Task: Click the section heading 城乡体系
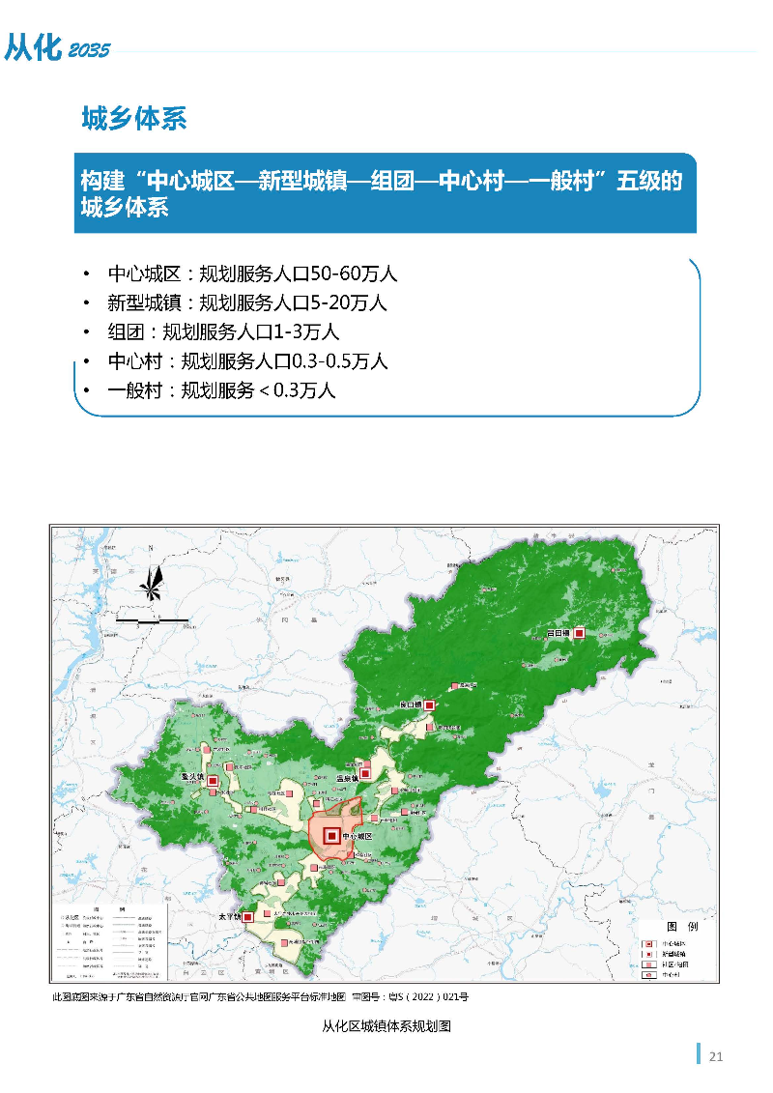[134, 119]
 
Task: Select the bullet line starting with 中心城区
[252, 273]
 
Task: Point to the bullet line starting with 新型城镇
[246, 302]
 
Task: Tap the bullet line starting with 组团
[223, 331]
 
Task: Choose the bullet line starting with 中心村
[247, 361]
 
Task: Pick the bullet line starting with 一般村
[221, 390]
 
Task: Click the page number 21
[716, 1055]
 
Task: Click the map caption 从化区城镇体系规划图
[386, 1027]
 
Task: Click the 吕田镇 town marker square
[579, 633]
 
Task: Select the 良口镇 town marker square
[430, 705]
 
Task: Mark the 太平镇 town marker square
[249, 916]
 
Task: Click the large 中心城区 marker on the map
[331, 835]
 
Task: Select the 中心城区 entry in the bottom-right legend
[673, 941]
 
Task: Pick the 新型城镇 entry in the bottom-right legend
[673, 952]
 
